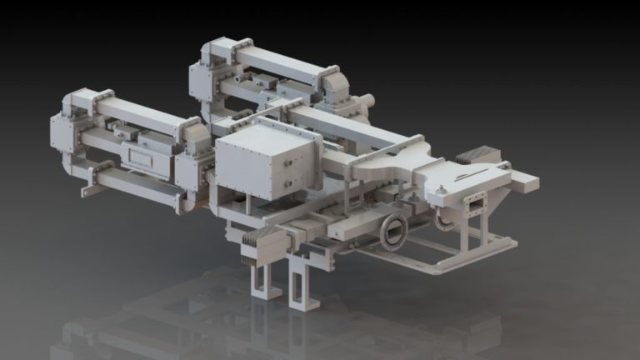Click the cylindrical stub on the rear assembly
tap(367, 100)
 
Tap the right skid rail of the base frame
tap(467, 254)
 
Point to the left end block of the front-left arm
tap(64, 133)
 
